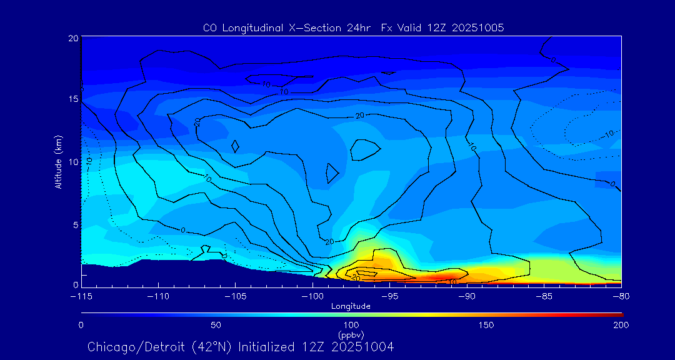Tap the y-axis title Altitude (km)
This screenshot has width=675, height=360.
point(58,162)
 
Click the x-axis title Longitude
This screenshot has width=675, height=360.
point(351,306)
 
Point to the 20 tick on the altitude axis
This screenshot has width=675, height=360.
point(72,38)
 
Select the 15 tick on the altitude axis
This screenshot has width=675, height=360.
point(72,99)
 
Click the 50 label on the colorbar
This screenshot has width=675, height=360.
point(216,325)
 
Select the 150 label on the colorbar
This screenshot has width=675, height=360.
point(486,325)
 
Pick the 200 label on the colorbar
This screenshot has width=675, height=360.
point(621,325)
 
